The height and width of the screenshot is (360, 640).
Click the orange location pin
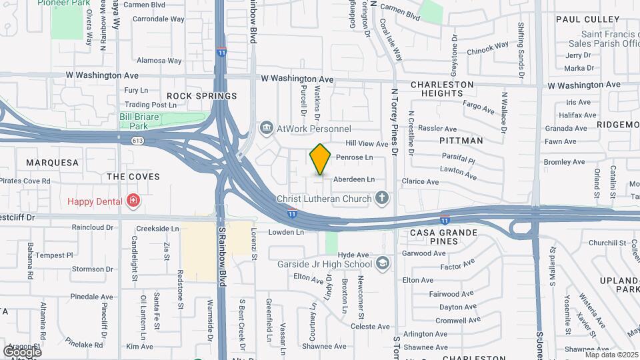pos(320,159)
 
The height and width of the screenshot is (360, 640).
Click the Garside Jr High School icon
pos(382,263)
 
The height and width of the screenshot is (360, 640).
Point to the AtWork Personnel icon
pos(267,127)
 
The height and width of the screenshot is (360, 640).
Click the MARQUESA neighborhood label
pos(52,163)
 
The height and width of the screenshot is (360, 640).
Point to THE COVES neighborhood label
pos(133,177)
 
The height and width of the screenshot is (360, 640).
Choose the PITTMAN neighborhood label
pos(461,141)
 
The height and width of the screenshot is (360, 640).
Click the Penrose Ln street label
pos(354,158)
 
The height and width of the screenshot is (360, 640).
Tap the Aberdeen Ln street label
pos(353,179)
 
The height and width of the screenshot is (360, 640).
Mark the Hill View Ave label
pos(366,144)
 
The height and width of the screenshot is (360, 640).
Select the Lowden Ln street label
pos(286,233)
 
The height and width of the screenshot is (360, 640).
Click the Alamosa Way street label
pos(159,61)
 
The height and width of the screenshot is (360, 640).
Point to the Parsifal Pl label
pos(457,161)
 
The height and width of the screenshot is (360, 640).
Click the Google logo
pos(23,351)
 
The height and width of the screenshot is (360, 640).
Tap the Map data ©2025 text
pos(611,355)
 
